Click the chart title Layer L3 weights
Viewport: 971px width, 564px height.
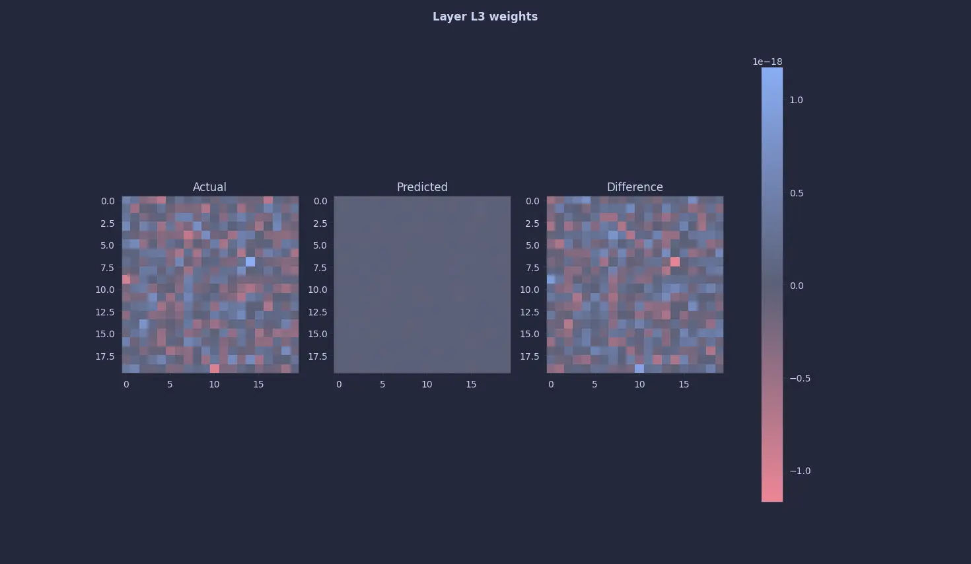[485, 17]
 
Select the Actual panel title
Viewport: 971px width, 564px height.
[209, 187]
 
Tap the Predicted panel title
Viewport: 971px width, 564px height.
[422, 187]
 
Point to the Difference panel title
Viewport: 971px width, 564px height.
[635, 187]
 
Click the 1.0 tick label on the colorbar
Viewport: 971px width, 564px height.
[796, 100]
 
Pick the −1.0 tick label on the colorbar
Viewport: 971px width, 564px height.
[800, 471]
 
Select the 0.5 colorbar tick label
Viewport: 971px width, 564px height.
[796, 193]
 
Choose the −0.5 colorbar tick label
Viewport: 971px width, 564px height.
[800, 378]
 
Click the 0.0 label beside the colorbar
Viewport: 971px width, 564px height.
[796, 286]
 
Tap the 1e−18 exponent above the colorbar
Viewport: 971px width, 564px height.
[767, 61]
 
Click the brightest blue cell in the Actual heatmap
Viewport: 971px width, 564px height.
[250, 262]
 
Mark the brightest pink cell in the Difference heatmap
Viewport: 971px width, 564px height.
[675, 262]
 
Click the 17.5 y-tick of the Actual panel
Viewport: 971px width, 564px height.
[104, 356]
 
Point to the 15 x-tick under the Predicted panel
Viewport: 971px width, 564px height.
[471, 384]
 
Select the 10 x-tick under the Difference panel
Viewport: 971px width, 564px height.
[639, 384]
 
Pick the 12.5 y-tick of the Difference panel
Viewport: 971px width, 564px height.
[529, 312]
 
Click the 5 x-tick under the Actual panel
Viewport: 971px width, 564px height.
[170, 384]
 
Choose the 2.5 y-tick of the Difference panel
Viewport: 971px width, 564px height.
[532, 223]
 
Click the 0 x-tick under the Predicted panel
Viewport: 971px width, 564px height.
[339, 384]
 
